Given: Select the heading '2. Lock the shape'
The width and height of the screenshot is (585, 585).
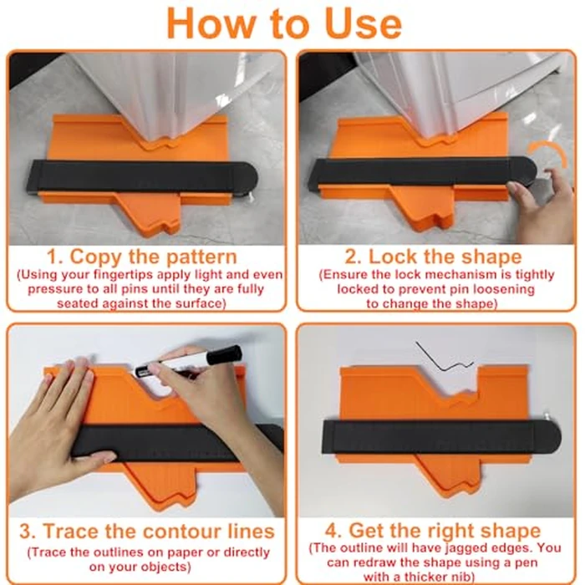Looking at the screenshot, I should click(433, 257).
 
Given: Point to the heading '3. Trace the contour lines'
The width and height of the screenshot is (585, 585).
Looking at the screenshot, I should click(147, 531).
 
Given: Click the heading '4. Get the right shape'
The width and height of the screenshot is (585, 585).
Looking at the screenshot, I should click(433, 531).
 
